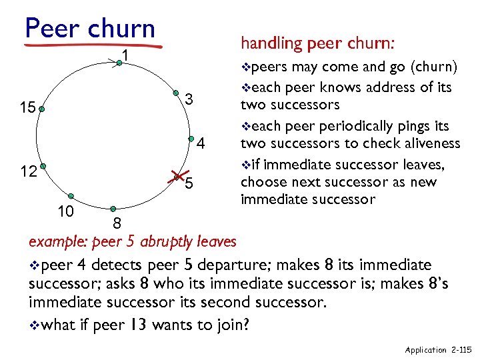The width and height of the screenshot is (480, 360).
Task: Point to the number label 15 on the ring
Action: pos(27,107)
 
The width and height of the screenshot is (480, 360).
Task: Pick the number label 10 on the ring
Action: pos(65,211)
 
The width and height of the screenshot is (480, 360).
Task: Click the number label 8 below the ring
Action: pos(116,223)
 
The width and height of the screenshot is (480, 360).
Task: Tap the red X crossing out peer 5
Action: pos(178,176)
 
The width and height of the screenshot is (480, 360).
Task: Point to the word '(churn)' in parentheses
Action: pos(434,67)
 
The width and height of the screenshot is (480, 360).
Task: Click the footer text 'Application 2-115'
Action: pos(437,349)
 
